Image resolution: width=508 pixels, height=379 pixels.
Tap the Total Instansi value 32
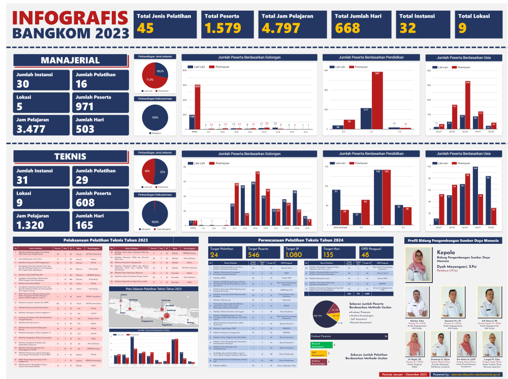coord(407,28)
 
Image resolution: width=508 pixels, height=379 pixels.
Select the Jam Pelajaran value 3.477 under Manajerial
coord(31,129)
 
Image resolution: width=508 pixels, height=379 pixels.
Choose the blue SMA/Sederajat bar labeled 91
coord(336,205)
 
